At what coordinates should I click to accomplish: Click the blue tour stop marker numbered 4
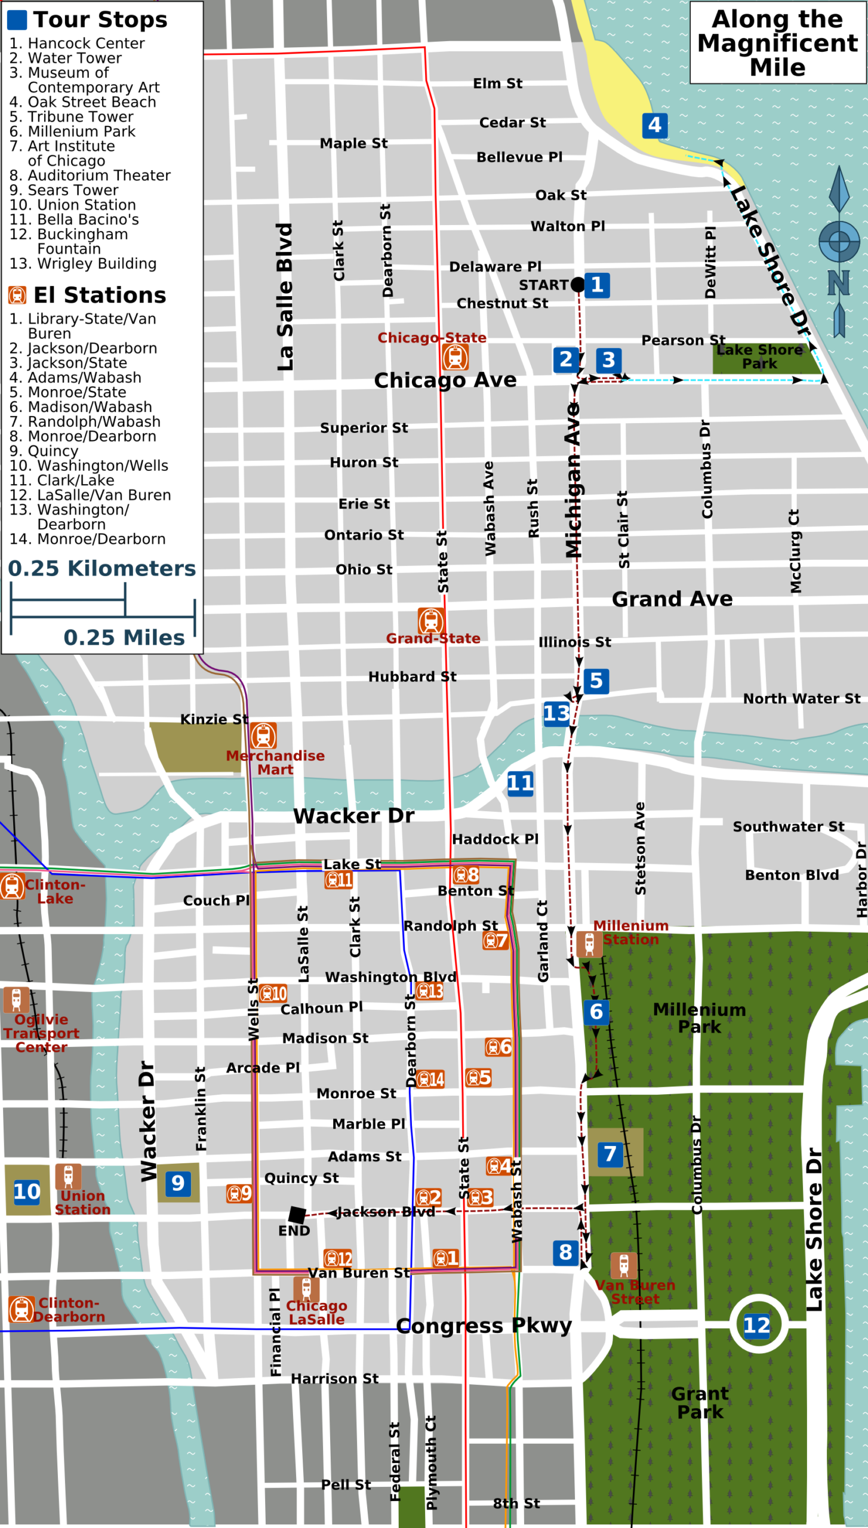pyautogui.click(x=654, y=125)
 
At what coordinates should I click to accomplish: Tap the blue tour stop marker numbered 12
pyautogui.click(x=756, y=1326)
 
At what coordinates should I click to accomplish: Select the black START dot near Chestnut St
pyautogui.click(x=577, y=285)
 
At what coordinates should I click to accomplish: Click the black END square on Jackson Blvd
pyautogui.click(x=297, y=1215)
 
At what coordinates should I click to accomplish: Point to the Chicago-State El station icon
pyautogui.click(x=455, y=358)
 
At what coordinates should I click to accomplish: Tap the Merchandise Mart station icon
pyautogui.click(x=263, y=736)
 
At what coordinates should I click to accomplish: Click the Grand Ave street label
pyautogui.click(x=672, y=599)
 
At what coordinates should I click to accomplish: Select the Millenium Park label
pyautogui.click(x=699, y=1018)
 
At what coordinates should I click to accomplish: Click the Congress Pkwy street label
pyautogui.click(x=484, y=1326)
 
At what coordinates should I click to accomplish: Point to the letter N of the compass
pyautogui.click(x=838, y=283)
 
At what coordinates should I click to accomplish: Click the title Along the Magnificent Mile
pyautogui.click(x=777, y=43)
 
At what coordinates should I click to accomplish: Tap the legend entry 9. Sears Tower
pyautogui.click(x=64, y=190)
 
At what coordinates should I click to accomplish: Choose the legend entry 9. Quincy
pyautogui.click(x=44, y=451)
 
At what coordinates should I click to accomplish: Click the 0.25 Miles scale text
pyautogui.click(x=124, y=637)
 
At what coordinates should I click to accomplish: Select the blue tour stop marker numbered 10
pyautogui.click(x=27, y=1191)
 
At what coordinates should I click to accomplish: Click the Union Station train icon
pyautogui.click(x=68, y=1177)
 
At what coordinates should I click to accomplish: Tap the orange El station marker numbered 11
pyautogui.click(x=338, y=880)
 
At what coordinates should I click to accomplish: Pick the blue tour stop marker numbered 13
pyautogui.click(x=556, y=713)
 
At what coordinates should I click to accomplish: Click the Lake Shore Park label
pyautogui.click(x=759, y=357)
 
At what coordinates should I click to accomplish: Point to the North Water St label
pyautogui.click(x=801, y=698)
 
